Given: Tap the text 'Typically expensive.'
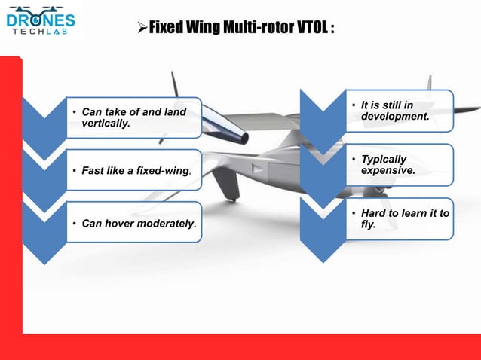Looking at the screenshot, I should click(388, 165).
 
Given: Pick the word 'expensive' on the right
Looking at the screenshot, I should click(387, 171).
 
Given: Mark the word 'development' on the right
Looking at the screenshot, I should click(394, 117).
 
